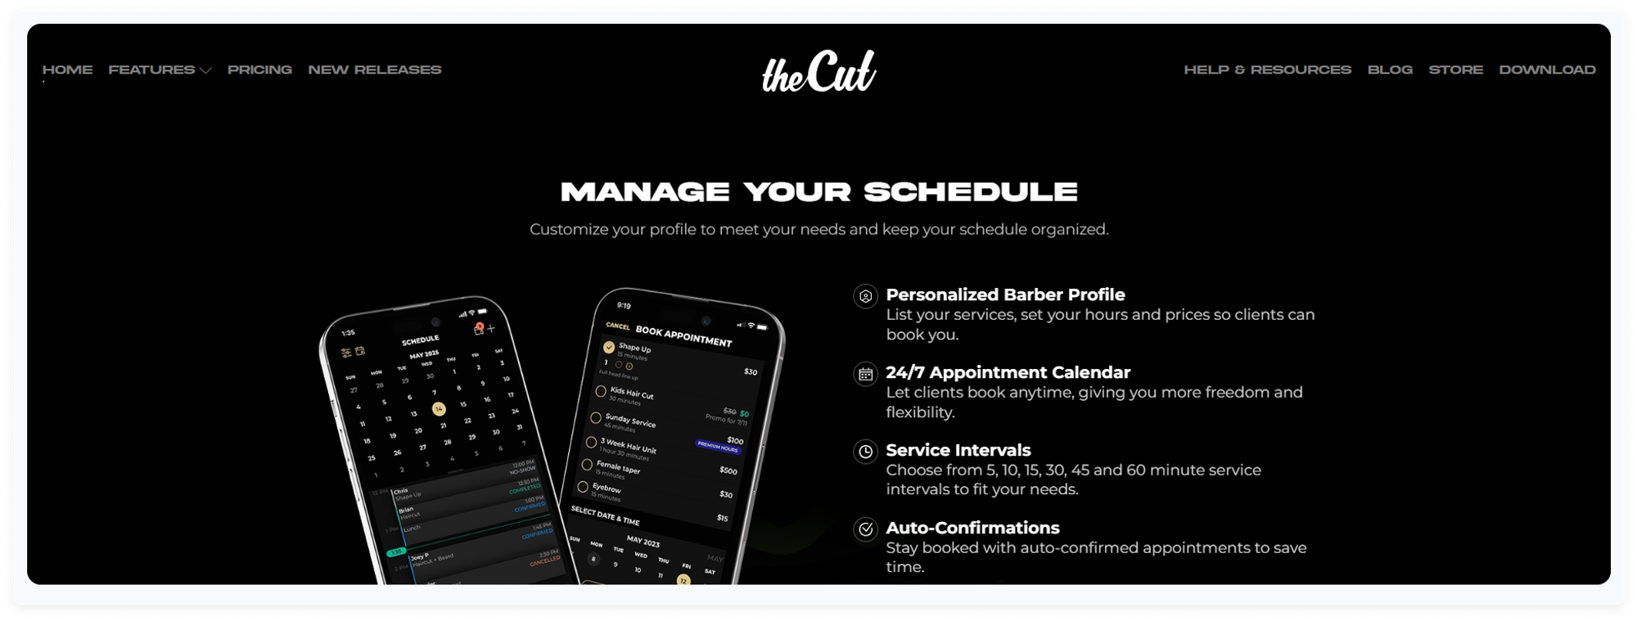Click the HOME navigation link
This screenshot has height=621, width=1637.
[67, 70]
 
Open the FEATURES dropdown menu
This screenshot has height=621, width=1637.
[159, 70]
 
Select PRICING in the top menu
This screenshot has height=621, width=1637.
[259, 70]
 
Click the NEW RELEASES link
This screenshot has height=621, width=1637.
[374, 70]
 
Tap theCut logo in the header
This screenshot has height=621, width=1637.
[818, 72]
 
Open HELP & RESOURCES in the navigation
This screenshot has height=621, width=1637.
[1267, 70]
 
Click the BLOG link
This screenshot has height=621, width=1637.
[1390, 70]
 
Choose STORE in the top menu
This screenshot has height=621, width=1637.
[1455, 70]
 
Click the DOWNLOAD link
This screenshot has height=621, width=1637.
[1547, 70]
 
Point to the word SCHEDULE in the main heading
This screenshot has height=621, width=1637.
[971, 192]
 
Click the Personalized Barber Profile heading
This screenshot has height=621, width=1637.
[1005, 295]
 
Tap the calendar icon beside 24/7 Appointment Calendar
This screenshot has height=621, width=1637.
[865, 374]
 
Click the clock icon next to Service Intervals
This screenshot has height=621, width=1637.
[865, 452]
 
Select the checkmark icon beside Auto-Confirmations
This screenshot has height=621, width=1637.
[865, 529]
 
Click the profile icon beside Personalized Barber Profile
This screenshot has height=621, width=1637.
[865, 296]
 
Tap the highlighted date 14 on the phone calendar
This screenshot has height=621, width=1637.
[439, 408]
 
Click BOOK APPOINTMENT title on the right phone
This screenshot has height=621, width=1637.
[683, 336]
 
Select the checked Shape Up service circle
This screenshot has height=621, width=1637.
[609, 347]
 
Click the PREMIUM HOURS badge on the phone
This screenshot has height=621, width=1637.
[719, 447]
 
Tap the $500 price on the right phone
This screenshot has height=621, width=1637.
[728, 470]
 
